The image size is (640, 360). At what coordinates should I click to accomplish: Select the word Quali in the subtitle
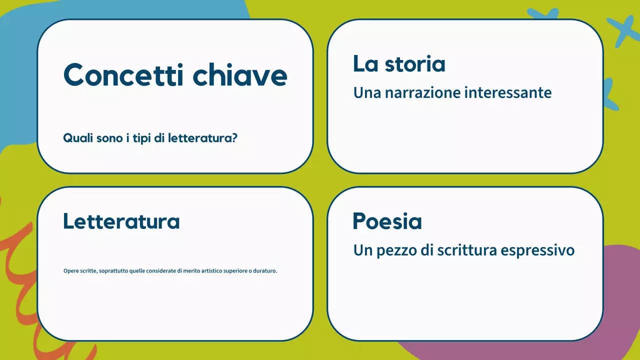coord(75,138)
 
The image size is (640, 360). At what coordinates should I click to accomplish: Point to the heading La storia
coord(399,64)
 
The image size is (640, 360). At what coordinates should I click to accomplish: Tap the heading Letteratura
coord(121,221)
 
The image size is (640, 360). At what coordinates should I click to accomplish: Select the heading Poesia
coord(387,221)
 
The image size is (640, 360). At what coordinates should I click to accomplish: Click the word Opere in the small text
coord(71,271)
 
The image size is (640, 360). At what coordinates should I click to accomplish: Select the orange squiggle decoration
coord(20,260)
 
